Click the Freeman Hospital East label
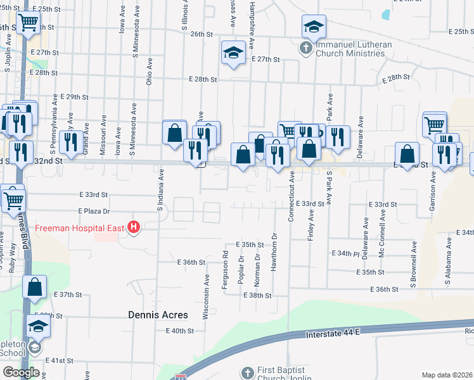click(80, 228)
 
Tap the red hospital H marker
click(134, 227)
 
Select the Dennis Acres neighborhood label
click(158, 315)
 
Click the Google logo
click(20, 372)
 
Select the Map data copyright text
click(447, 375)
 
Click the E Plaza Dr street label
click(94, 211)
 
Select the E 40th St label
click(179, 331)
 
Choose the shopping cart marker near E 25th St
click(28, 23)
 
